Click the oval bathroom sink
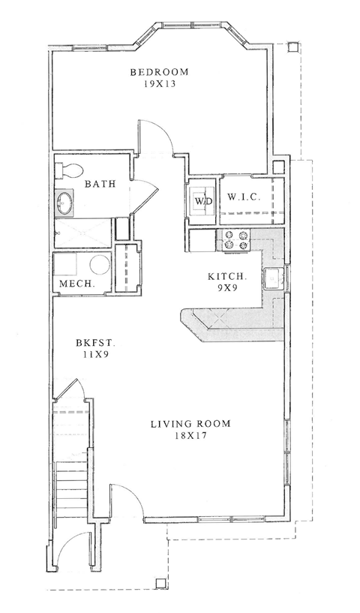click(x=65, y=201)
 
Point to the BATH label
click(x=99, y=184)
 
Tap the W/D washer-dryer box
click(x=202, y=202)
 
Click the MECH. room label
click(x=75, y=284)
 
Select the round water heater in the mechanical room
click(x=97, y=266)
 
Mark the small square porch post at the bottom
click(x=160, y=583)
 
